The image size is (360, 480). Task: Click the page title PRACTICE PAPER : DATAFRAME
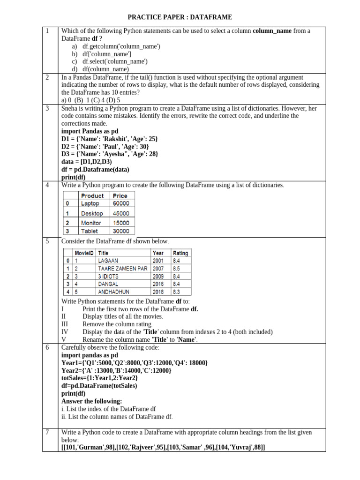point(180,17)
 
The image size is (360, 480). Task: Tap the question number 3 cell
point(48,108)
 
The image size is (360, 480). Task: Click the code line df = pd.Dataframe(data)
point(95,169)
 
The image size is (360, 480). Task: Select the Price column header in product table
point(120,195)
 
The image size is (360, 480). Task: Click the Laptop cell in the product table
point(90,203)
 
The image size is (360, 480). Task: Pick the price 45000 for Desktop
point(121,213)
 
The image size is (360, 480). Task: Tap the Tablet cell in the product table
point(90,231)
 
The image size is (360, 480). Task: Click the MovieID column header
point(84,253)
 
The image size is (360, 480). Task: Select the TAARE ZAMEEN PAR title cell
point(122,269)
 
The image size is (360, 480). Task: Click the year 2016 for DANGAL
point(158,284)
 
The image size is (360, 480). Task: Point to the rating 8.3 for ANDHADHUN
point(176,292)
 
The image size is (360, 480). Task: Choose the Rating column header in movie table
point(180,253)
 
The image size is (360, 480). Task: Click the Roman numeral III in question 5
point(65,324)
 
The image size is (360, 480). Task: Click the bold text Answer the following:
point(91,401)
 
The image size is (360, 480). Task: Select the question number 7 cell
point(48,432)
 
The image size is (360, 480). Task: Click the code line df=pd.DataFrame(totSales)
point(99,386)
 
